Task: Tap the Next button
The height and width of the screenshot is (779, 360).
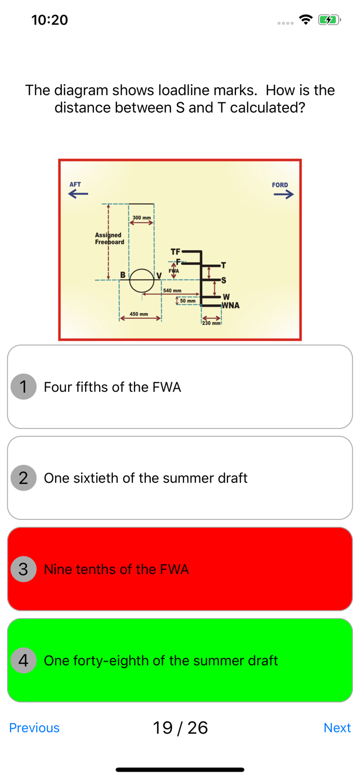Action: click(337, 728)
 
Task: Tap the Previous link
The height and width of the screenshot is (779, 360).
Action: click(34, 728)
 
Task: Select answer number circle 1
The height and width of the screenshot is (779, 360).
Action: click(23, 387)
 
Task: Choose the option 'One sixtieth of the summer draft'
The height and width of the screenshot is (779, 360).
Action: click(180, 478)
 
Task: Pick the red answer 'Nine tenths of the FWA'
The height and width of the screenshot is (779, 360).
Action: click(180, 569)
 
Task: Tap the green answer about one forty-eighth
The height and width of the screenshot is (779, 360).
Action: click(180, 660)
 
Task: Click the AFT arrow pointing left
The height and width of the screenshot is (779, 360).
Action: click(78, 194)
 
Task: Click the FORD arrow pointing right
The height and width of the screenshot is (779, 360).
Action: click(284, 194)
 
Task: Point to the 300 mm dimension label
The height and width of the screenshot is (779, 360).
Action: click(142, 218)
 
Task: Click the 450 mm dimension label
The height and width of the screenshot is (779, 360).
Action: click(139, 314)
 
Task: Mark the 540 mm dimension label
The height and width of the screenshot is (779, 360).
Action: click(172, 290)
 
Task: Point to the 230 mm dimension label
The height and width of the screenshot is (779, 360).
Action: click(211, 323)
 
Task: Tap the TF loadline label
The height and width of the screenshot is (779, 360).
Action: click(175, 251)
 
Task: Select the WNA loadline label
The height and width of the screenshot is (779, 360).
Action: click(231, 305)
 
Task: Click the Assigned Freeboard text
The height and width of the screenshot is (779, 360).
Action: click(109, 238)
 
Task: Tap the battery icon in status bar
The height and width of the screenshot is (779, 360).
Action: click(329, 20)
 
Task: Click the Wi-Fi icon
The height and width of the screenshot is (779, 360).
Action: click(306, 20)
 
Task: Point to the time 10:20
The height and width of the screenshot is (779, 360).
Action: click(50, 20)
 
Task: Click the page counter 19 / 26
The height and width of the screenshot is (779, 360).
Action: click(180, 728)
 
